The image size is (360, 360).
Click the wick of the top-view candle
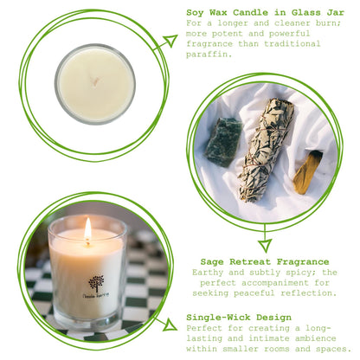95,83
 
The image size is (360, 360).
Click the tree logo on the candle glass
95,282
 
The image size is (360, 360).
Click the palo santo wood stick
307,171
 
